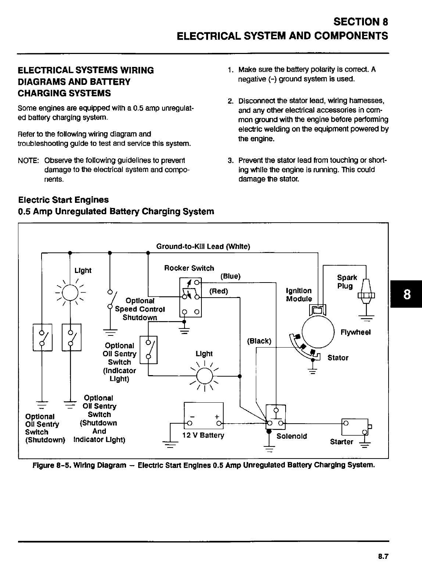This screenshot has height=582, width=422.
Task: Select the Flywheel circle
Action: (x=318, y=332)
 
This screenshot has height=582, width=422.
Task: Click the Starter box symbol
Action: (x=355, y=427)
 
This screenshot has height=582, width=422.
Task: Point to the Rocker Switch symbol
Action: (x=190, y=298)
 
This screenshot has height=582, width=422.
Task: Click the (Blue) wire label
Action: (x=230, y=276)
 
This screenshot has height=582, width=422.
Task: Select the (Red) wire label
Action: (x=218, y=291)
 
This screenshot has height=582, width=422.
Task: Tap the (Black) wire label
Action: (x=259, y=341)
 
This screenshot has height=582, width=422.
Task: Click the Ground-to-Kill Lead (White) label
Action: (x=203, y=246)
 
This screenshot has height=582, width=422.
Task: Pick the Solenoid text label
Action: (x=292, y=436)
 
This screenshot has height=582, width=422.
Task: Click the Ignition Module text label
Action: (x=299, y=295)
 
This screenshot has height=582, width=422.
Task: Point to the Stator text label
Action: (x=338, y=358)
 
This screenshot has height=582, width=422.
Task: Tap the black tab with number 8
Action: (x=406, y=295)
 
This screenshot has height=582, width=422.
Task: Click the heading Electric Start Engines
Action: (x=64, y=200)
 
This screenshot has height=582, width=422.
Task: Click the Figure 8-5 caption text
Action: (x=204, y=465)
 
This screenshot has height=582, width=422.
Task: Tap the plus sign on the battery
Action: (x=217, y=417)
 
